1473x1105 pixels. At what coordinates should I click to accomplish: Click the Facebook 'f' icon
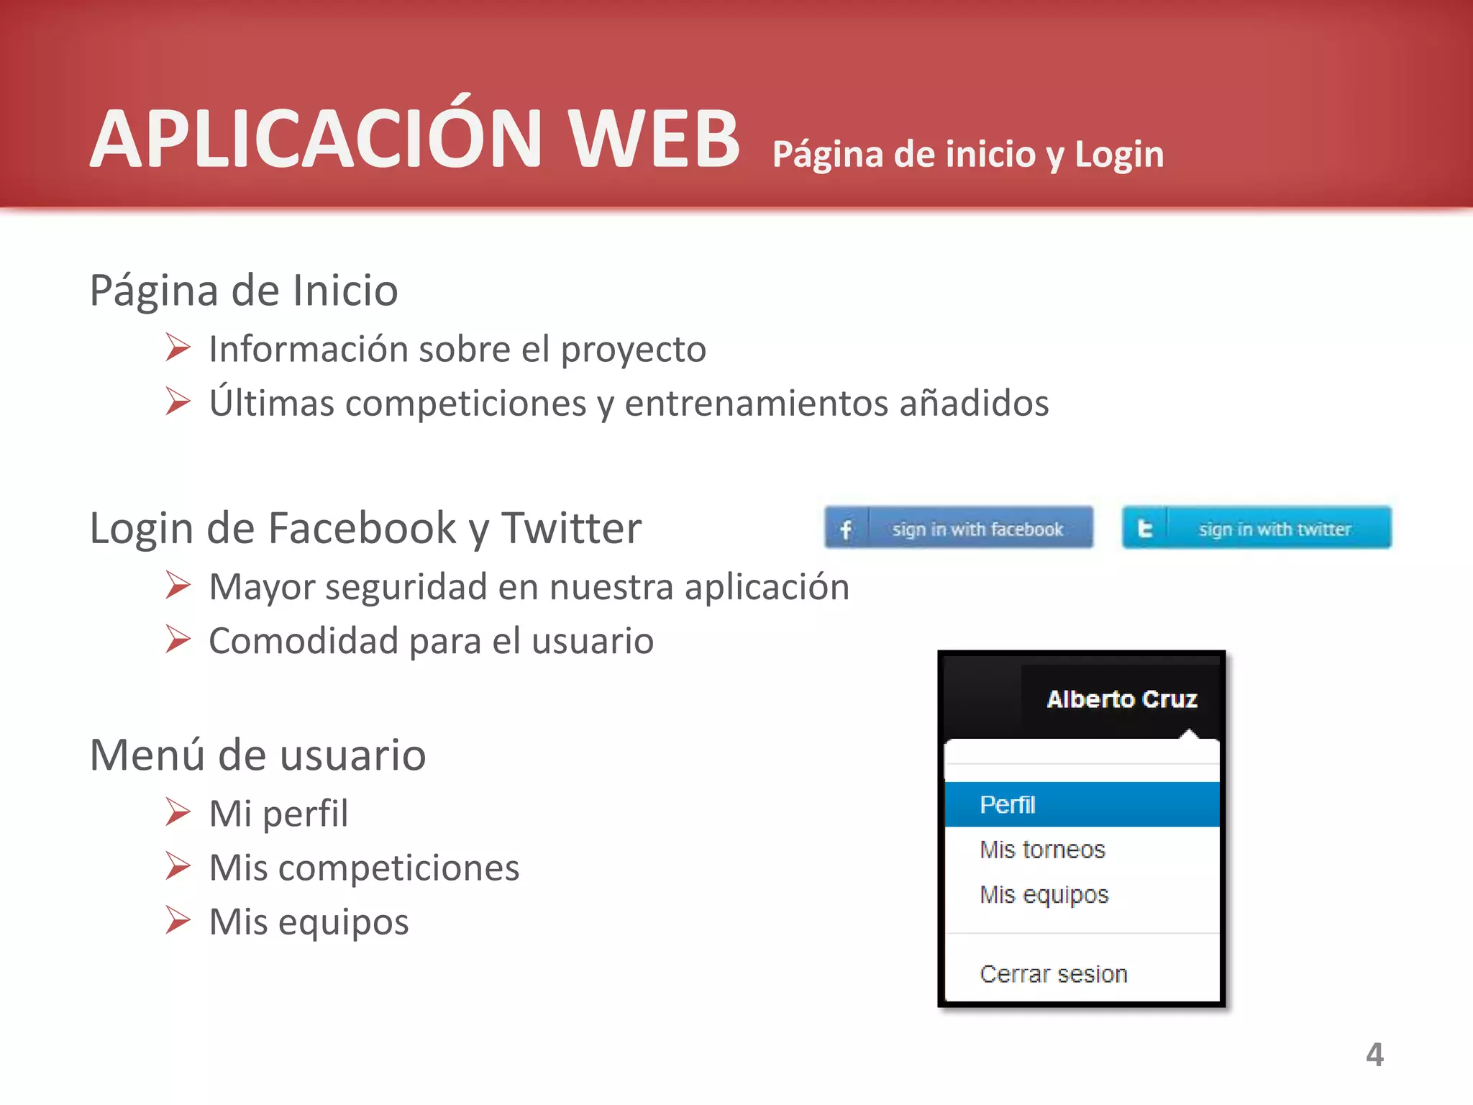tap(846, 529)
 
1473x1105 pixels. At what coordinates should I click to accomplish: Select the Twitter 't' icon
tap(1144, 529)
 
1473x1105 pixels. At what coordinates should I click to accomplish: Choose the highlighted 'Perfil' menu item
tap(1008, 804)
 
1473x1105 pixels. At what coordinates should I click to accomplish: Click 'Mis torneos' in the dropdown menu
tap(1042, 850)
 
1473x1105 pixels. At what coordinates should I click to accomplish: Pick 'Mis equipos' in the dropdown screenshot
tap(1044, 894)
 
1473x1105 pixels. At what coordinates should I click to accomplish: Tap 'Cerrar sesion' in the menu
tap(1053, 974)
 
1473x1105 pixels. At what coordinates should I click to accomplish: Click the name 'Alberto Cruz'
tap(1121, 699)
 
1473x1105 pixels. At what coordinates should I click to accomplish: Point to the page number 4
tap(1374, 1055)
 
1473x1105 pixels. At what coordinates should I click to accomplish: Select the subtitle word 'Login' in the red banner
tap(1119, 154)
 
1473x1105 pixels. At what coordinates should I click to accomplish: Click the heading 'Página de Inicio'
tap(243, 291)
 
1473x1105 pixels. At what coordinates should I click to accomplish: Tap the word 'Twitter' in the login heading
tap(571, 528)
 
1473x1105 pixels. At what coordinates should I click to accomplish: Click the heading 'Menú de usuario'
tap(257, 755)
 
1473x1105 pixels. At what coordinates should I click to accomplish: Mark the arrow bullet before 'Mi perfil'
tap(178, 812)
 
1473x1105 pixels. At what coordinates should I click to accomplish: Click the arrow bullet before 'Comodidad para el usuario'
tap(178, 639)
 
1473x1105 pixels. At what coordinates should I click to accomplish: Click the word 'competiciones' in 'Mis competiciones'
tap(398, 868)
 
